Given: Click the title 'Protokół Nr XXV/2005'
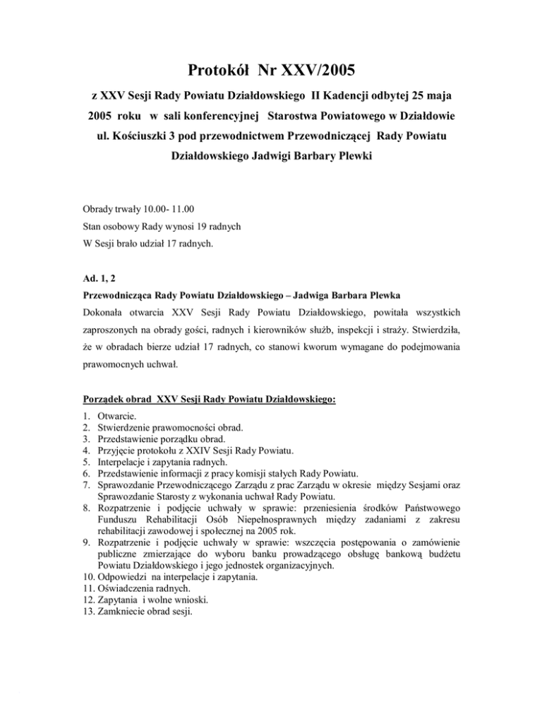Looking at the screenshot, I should click(x=271, y=71).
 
